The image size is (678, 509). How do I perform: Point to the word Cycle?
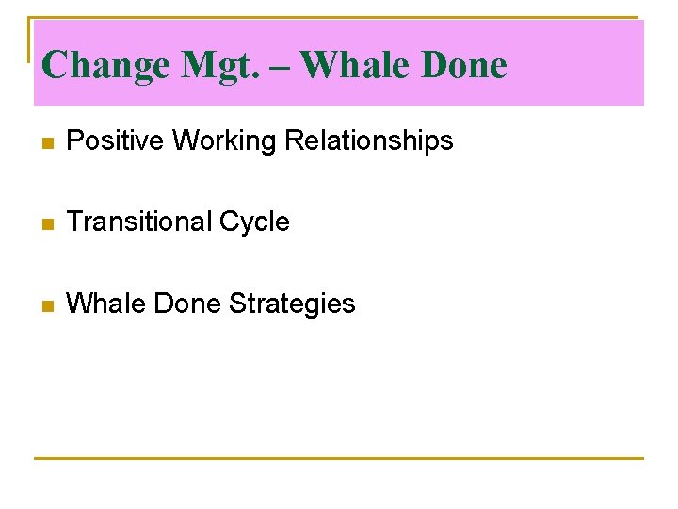254,222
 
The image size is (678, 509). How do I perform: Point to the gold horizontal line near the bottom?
339,459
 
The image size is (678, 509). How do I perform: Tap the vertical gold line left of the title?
28,38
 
